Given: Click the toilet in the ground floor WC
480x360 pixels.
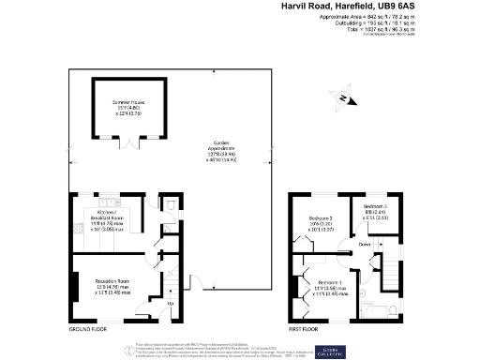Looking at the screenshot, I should point(169,208).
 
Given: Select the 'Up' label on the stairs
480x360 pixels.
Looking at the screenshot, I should point(170,303).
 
